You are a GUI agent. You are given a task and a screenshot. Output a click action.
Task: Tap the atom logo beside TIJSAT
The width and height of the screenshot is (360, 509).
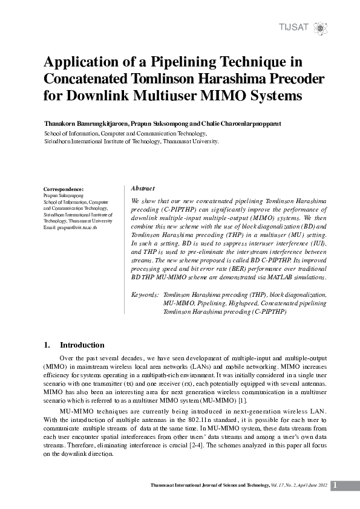(x=321, y=28)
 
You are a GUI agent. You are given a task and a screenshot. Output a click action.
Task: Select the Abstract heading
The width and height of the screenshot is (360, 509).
(x=143, y=189)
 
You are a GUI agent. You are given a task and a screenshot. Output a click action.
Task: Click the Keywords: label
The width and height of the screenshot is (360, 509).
(x=145, y=294)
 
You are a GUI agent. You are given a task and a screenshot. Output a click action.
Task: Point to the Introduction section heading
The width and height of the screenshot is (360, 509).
(x=82, y=345)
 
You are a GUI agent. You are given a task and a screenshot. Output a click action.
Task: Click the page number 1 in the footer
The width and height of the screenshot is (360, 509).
(x=336, y=485)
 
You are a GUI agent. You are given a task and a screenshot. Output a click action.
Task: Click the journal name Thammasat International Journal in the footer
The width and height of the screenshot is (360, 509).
(x=198, y=486)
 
